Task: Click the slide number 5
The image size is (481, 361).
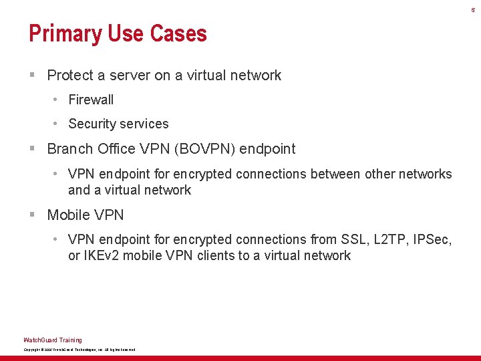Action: (x=473, y=10)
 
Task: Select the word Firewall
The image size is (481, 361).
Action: (x=91, y=100)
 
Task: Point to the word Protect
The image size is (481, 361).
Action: (x=70, y=76)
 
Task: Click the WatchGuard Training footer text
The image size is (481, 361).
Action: (x=53, y=340)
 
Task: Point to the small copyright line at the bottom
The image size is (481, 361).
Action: (x=79, y=350)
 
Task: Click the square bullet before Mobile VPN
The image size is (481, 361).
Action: (x=32, y=215)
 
